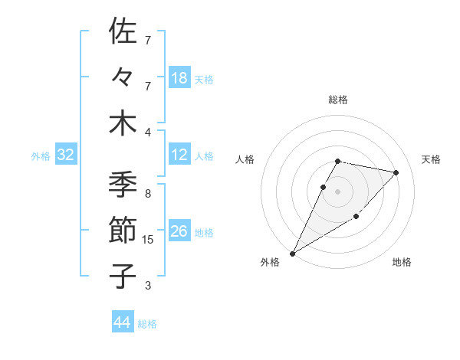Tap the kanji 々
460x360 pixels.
point(123,77)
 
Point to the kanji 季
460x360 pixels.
point(123,184)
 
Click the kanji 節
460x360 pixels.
point(123,230)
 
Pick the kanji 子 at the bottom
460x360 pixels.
point(123,276)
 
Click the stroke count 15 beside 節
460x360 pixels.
point(148,240)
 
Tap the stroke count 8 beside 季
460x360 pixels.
point(148,194)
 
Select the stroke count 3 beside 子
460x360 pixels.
point(148,286)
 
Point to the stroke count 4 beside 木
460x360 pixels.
point(148,133)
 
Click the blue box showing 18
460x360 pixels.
point(179,77)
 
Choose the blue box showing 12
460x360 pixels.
point(179,155)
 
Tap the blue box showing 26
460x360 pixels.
point(179,231)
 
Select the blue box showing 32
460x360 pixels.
point(66,155)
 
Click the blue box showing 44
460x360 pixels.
point(122,322)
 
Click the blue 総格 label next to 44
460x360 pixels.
point(147,324)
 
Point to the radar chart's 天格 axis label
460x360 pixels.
point(432,159)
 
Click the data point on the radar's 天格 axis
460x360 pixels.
point(396,172)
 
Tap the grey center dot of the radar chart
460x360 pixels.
point(338,191)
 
